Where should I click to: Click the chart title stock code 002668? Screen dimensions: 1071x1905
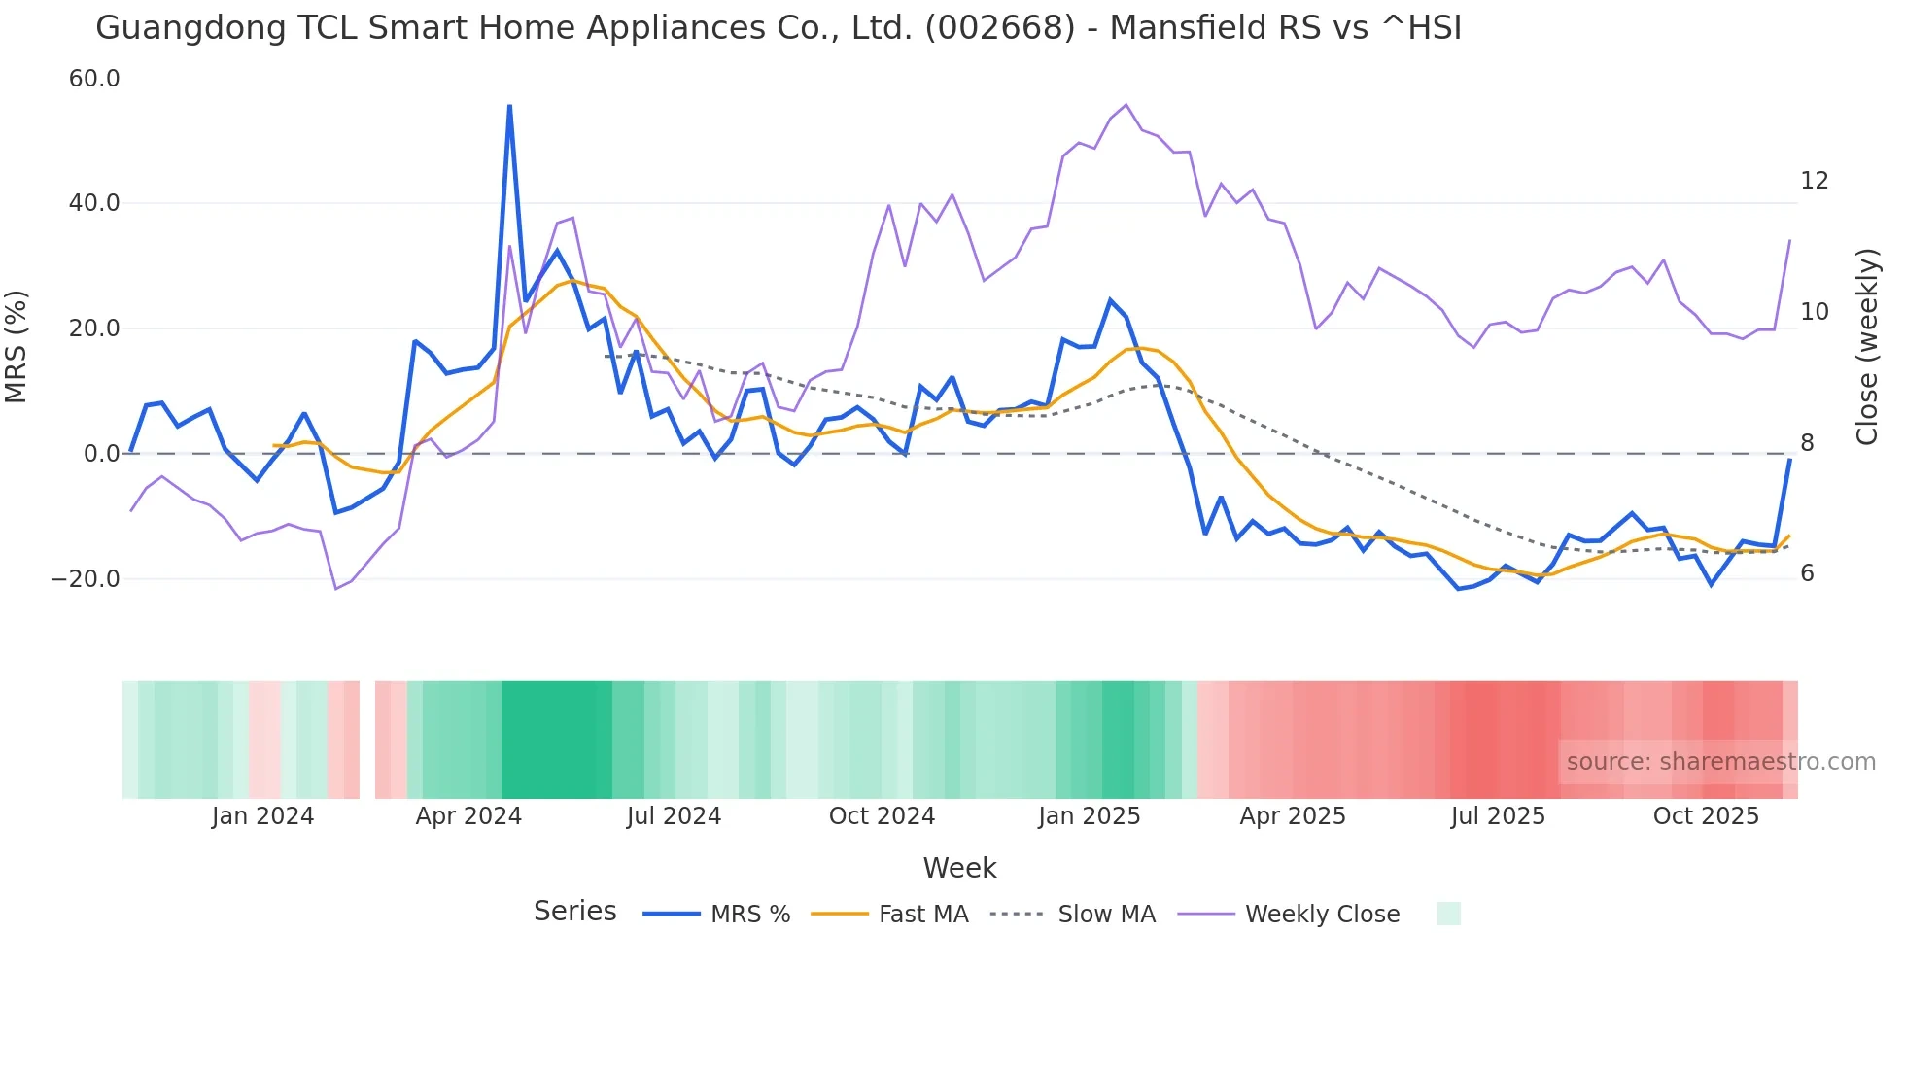1000,28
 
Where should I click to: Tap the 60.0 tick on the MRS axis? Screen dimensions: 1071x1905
94,79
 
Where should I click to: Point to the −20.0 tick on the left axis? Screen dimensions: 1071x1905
86,579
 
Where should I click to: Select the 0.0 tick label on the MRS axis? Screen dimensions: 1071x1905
101,454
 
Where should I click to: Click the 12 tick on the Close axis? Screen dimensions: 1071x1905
1814,181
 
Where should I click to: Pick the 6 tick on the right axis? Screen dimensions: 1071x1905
1807,573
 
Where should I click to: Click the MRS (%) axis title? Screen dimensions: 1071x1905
17,347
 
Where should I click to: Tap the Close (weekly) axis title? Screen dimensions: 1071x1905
1867,347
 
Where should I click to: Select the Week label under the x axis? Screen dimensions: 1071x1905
959,868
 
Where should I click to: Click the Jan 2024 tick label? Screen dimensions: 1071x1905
262,816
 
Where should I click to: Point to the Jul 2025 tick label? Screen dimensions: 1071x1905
1498,816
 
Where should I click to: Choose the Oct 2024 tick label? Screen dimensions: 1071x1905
882,816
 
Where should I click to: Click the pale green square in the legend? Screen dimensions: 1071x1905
1448,914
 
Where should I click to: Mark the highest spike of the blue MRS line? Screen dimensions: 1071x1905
509,106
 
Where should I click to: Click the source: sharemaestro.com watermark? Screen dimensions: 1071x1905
1720,762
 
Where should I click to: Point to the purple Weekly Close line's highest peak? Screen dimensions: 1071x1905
1126,105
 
